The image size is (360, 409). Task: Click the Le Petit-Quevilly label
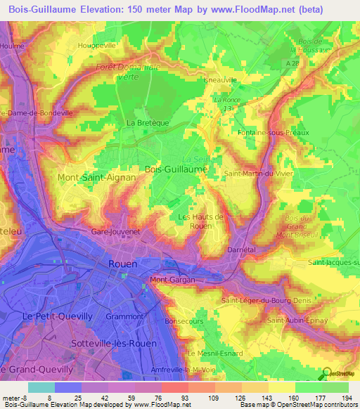[57, 316]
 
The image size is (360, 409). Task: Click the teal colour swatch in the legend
[41, 387]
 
